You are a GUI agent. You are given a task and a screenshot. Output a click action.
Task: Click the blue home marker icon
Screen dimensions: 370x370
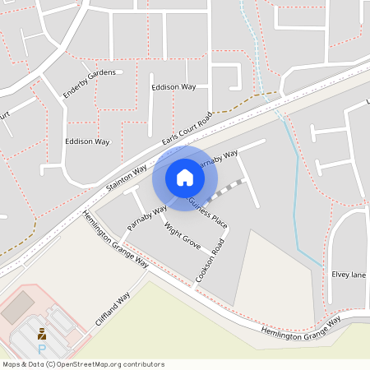click(185, 178)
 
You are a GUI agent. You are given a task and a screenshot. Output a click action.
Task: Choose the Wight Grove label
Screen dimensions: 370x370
click(183, 235)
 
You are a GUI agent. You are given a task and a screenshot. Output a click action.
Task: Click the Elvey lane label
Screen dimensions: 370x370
click(348, 275)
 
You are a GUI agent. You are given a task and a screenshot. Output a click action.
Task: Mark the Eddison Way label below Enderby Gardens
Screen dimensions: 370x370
click(87, 141)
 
